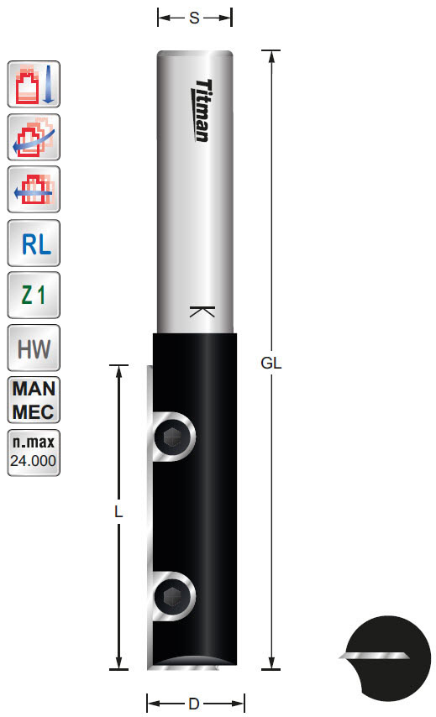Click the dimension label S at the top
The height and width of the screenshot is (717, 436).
194,17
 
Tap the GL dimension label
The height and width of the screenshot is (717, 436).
271,364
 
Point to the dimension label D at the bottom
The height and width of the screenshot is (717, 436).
195,702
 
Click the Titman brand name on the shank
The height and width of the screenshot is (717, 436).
202,110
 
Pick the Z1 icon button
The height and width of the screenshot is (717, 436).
34,295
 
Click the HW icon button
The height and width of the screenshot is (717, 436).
34,347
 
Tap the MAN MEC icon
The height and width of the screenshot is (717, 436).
34,400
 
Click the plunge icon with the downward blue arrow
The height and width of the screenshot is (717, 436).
34,84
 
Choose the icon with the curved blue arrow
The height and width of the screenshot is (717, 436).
34,137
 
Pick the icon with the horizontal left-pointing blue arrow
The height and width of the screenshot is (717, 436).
34,190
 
